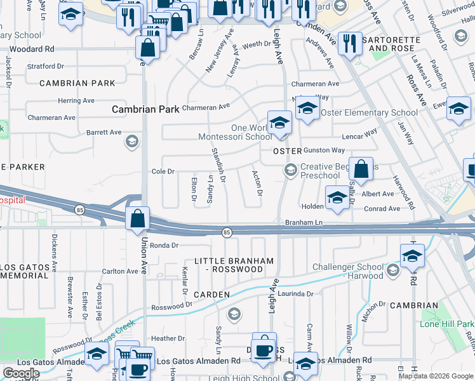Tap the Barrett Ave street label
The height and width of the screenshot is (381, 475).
(x=104, y=133)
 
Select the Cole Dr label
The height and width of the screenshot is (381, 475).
(x=163, y=171)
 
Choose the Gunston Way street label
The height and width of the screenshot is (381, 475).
(x=324, y=150)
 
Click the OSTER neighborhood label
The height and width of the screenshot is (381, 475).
(x=286, y=152)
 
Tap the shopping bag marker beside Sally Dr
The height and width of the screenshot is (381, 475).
(x=361, y=170)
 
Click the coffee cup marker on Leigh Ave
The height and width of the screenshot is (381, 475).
(x=264, y=349)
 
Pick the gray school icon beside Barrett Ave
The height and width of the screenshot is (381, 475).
(x=132, y=141)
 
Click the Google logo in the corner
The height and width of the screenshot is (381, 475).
(x=21, y=373)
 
